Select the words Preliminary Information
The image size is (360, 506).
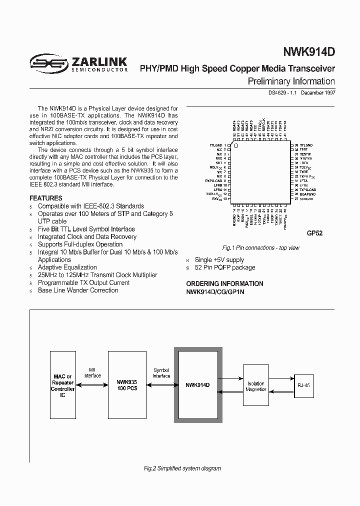coord(291,81)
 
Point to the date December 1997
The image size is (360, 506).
coord(318,92)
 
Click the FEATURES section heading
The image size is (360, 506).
coord(46,198)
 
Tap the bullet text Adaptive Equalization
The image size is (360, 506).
coord(67,267)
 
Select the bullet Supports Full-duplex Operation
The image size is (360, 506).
coord(80,244)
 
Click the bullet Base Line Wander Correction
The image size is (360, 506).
coord(78,290)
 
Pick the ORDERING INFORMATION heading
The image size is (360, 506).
coord(224,283)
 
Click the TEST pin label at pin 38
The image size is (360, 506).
coord(303,149)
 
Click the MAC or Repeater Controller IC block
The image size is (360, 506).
coord(63,385)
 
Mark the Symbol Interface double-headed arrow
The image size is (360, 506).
coord(161,384)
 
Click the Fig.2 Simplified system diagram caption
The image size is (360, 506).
coord(182,468)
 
